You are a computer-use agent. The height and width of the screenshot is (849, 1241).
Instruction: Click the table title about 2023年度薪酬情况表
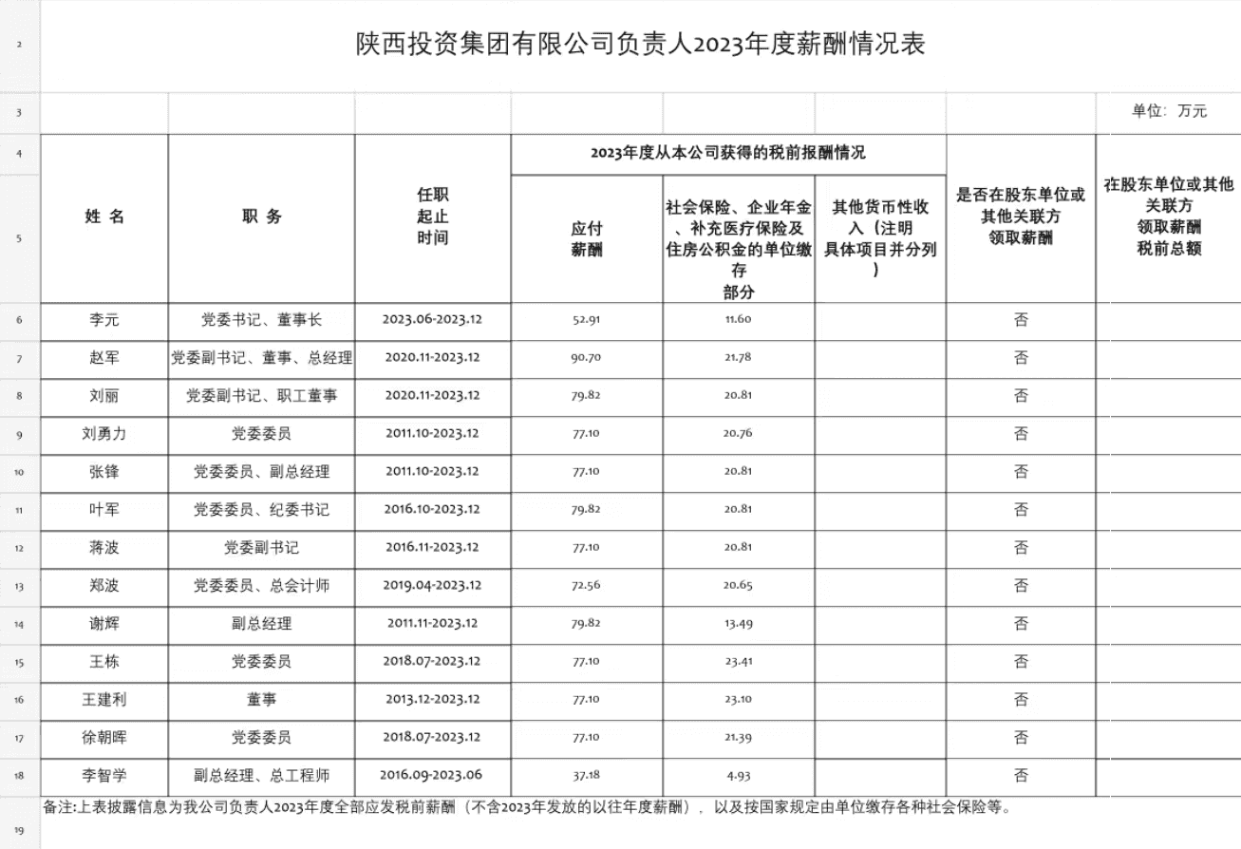(x=640, y=45)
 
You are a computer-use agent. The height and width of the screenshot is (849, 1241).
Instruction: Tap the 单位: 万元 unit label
(x=1169, y=111)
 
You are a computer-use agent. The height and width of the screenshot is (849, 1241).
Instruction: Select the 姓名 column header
(x=104, y=217)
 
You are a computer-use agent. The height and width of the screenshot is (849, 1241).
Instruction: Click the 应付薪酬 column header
(x=586, y=238)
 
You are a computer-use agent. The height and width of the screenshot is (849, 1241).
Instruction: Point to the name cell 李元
(x=104, y=320)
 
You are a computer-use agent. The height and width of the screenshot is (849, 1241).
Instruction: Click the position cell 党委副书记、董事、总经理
(x=261, y=358)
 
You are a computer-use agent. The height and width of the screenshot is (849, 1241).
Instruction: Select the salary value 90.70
(x=586, y=358)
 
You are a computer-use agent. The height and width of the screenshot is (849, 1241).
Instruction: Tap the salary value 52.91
(x=586, y=320)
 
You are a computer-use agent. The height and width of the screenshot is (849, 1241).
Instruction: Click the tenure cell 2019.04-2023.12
(x=432, y=586)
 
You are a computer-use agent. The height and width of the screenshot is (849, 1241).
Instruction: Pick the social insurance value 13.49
(x=738, y=624)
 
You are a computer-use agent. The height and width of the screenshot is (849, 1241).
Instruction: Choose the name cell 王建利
(x=104, y=700)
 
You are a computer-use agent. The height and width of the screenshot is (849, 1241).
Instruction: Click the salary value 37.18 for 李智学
(x=586, y=776)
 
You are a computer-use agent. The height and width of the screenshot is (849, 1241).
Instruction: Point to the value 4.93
(x=738, y=776)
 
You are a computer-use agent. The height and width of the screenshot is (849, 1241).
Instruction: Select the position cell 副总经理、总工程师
(x=261, y=776)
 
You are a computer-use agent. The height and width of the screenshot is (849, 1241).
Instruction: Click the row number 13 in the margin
(x=19, y=586)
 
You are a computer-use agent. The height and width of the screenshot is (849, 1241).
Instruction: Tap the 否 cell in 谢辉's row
(x=1021, y=624)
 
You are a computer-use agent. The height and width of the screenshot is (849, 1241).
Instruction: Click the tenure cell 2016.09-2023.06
(x=432, y=776)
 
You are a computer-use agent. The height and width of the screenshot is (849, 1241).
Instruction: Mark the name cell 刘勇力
(x=104, y=434)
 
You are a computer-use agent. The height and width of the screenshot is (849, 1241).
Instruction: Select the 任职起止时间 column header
(x=432, y=217)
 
